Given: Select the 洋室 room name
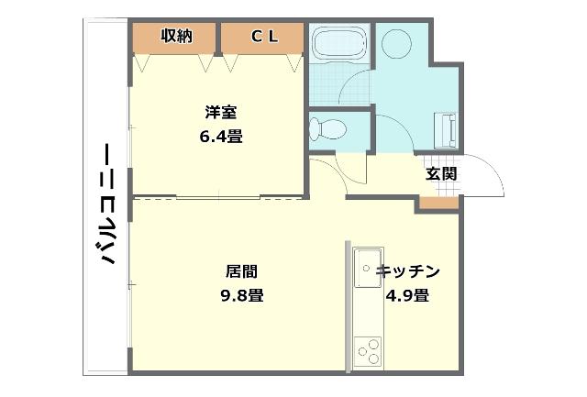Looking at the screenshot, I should (x=220, y=114).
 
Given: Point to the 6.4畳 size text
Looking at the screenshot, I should (x=220, y=137).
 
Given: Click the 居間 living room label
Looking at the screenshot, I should (x=241, y=271).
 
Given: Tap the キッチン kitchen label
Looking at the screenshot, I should (x=409, y=271).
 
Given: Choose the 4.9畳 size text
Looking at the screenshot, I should (x=407, y=295).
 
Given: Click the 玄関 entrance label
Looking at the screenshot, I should (x=440, y=173).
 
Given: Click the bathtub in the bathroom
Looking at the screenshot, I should (x=338, y=42).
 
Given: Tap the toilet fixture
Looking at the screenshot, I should (x=328, y=127).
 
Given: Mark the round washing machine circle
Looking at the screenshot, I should (x=400, y=43).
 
